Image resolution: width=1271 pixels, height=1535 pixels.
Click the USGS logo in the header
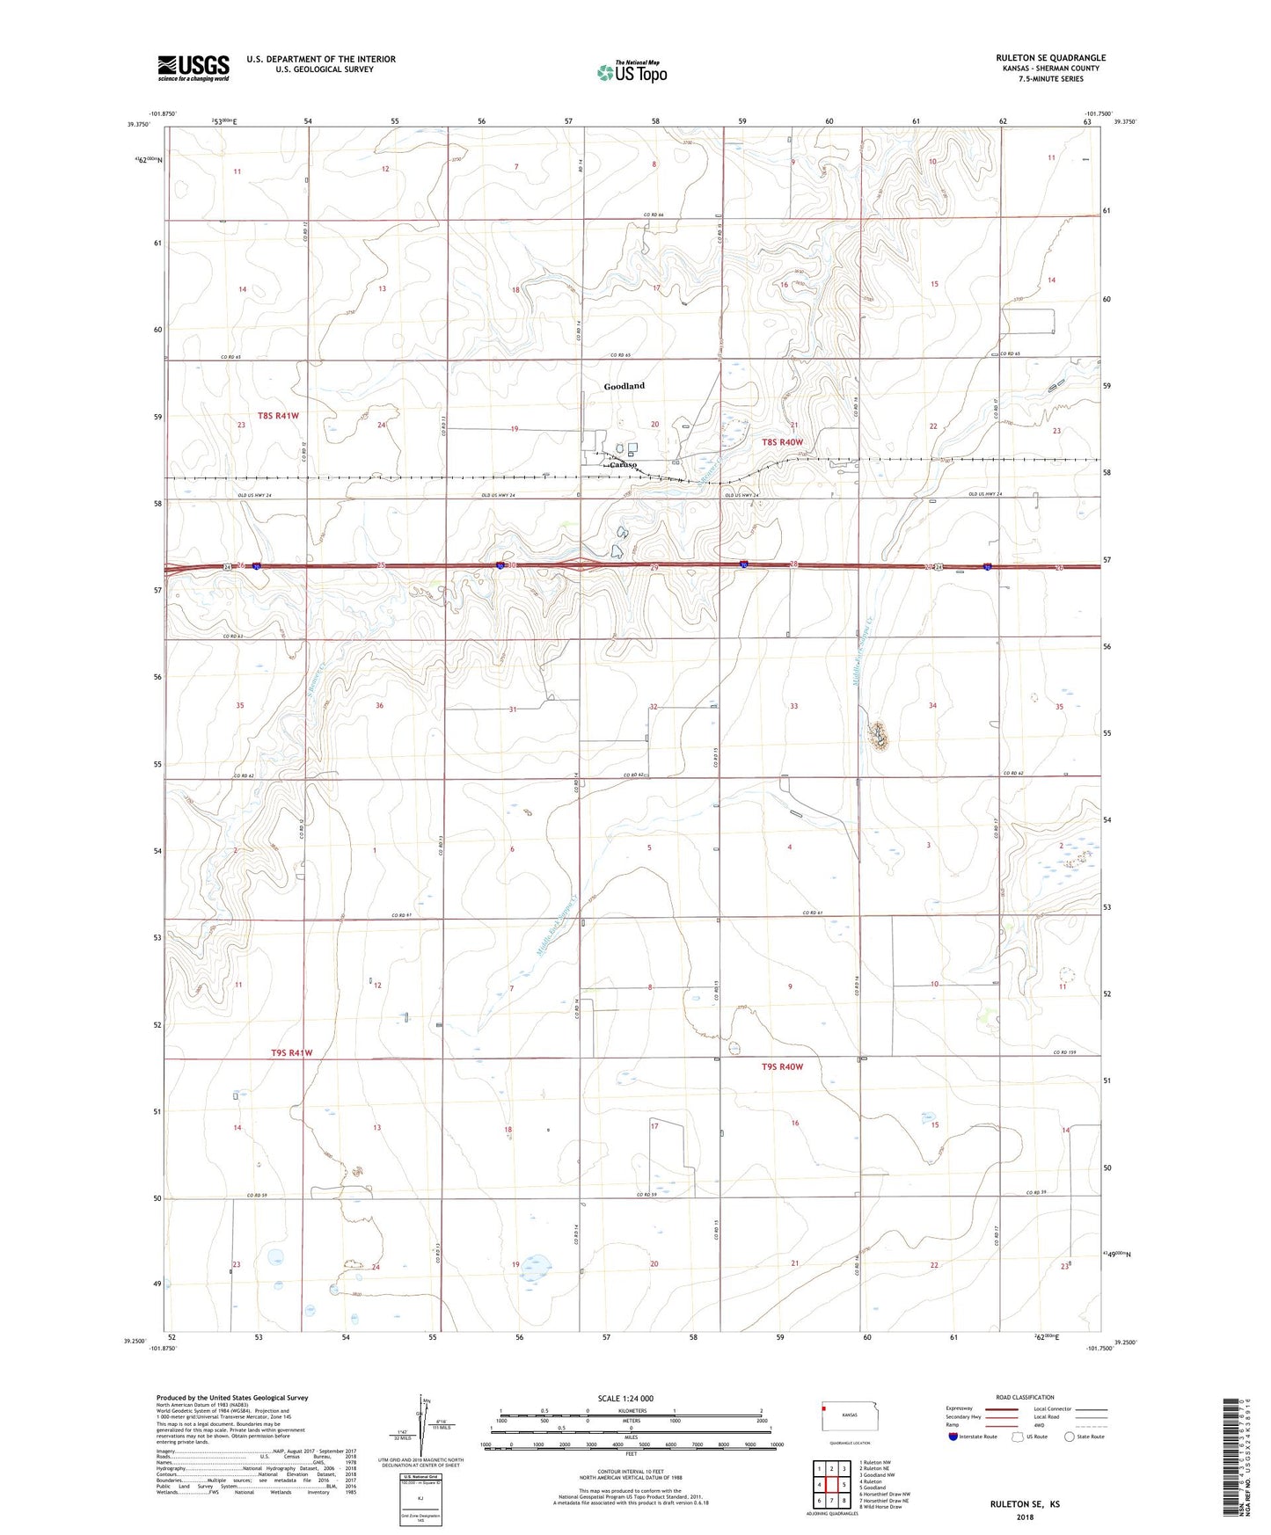pos(193,68)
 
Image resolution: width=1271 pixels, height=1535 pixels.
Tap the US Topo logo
pos(632,72)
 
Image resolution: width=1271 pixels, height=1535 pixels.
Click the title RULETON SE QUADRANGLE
pos(1050,58)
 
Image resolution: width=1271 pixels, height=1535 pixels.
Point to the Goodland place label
pos(624,386)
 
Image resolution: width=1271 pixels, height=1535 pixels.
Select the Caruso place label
pos(622,464)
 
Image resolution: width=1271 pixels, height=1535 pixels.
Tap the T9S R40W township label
pos(782,1066)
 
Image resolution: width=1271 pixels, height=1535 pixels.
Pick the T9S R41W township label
pos(291,1052)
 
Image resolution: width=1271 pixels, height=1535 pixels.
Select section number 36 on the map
pos(379,706)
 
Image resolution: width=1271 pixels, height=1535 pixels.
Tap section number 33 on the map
pos(793,706)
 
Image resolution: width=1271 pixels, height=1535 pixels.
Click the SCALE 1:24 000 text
pos(625,1399)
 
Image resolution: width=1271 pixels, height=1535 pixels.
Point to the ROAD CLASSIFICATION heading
pos(1025,1397)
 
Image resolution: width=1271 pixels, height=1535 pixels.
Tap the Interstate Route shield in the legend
pos(954,1437)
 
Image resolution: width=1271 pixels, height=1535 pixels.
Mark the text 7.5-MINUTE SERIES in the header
pos(1050,79)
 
